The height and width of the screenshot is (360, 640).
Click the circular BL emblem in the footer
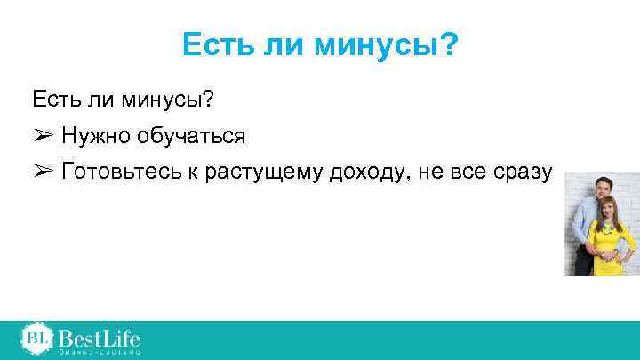click(x=36, y=338)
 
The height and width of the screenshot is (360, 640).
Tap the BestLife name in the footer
click(x=100, y=337)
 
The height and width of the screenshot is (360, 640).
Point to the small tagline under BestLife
click(x=100, y=353)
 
